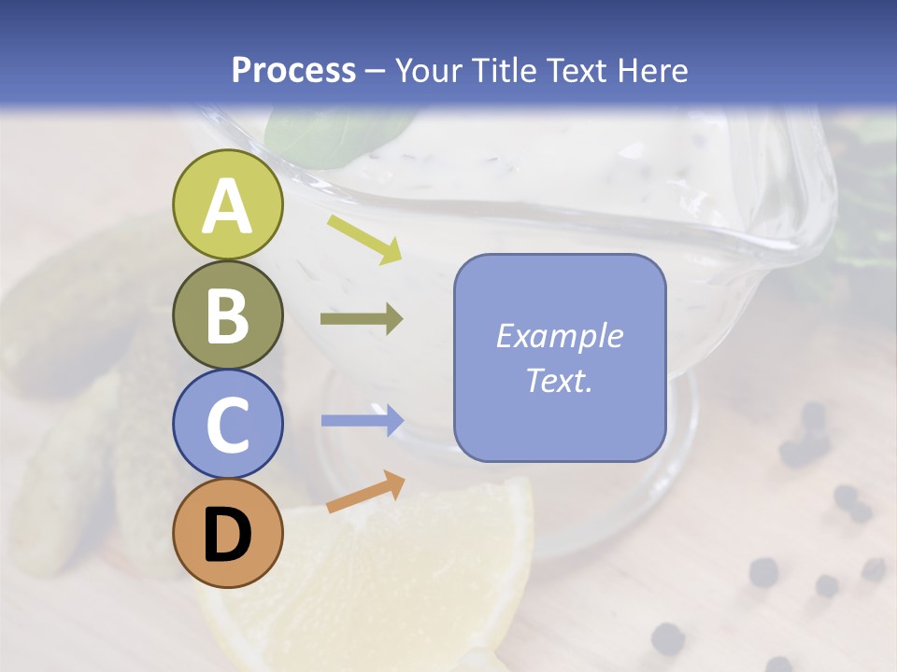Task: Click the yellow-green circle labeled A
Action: coord(228,205)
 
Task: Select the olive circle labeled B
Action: coord(228,315)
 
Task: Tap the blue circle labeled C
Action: coord(228,424)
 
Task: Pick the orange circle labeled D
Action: coord(228,533)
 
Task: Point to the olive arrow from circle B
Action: coord(362,319)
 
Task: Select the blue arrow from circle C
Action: coord(362,420)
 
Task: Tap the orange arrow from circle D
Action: coord(365,492)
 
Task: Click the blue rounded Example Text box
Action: coord(560,357)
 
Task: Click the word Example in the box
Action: coord(560,336)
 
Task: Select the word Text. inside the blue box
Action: coord(560,380)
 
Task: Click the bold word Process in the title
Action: coord(293,70)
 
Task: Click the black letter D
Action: coord(228,536)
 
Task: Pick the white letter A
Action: coord(228,206)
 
